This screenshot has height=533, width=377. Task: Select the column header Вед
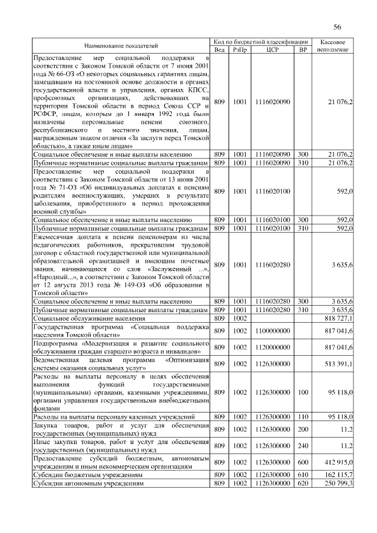click(x=220, y=50)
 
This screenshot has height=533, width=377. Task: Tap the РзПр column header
click(x=240, y=50)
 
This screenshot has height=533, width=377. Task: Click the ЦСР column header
click(x=273, y=50)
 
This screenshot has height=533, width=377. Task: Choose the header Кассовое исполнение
click(x=334, y=46)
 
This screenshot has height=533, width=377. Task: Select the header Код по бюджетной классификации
click(x=262, y=42)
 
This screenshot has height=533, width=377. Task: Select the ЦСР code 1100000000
click(x=273, y=332)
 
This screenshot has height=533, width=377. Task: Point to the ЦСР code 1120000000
click(x=273, y=347)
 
